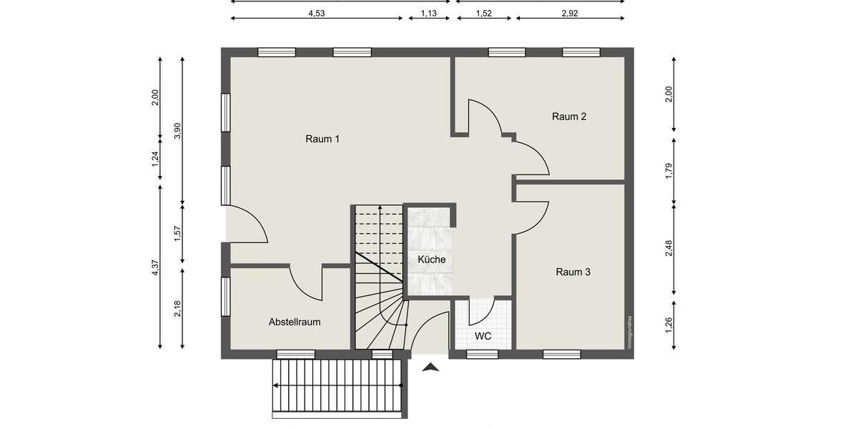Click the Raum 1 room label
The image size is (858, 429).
pos(322,139)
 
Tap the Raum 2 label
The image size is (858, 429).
pos(569,117)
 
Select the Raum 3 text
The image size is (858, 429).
pos(573,272)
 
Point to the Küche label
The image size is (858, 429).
pos(432,260)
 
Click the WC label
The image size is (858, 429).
pos(483,336)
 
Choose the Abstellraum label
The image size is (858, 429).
pos(295,322)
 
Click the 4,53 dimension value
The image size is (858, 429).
pos(317,14)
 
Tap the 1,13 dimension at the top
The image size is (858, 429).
pos(428,14)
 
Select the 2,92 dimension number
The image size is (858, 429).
pos(570,14)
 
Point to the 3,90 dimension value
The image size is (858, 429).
pos(177,131)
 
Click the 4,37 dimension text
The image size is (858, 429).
pos(154,267)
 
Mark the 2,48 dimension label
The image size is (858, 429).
pos(669,248)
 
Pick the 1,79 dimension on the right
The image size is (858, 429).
pos(669,171)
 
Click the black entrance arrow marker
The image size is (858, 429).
pos(430,368)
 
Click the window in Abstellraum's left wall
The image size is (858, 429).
pos(226,297)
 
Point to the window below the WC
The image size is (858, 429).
pos(482,355)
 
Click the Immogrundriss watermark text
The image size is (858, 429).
pos(629,332)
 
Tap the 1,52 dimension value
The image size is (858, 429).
pos(484,14)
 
